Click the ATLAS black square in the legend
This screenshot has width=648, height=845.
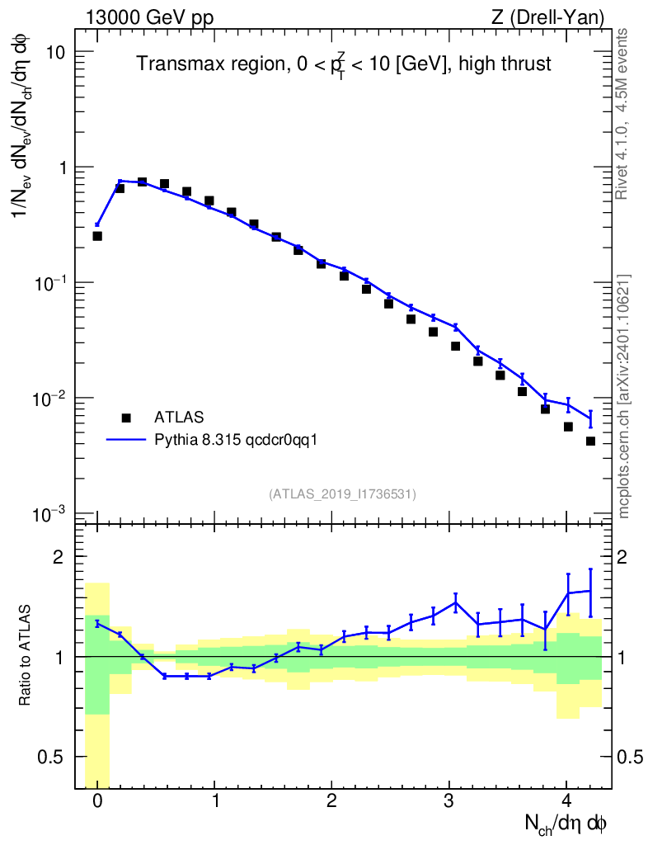coord(126,417)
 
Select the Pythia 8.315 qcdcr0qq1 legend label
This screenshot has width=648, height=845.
coord(236,440)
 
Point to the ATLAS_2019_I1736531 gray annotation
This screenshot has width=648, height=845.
coord(342,493)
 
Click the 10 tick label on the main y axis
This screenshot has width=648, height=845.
coord(56,52)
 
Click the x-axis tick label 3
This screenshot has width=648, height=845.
coord(449,800)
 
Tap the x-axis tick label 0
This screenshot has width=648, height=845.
coord(97,800)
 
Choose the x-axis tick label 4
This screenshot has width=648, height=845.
coord(566,800)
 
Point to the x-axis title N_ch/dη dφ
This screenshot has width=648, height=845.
coord(566,823)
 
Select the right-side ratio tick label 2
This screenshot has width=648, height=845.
coord(631,556)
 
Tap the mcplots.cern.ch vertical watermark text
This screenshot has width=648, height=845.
coord(624,396)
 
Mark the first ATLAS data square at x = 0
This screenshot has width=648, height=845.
coord(97,236)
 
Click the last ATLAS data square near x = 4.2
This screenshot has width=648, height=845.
coord(590,441)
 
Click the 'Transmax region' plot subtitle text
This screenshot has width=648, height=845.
coord(343,64)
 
